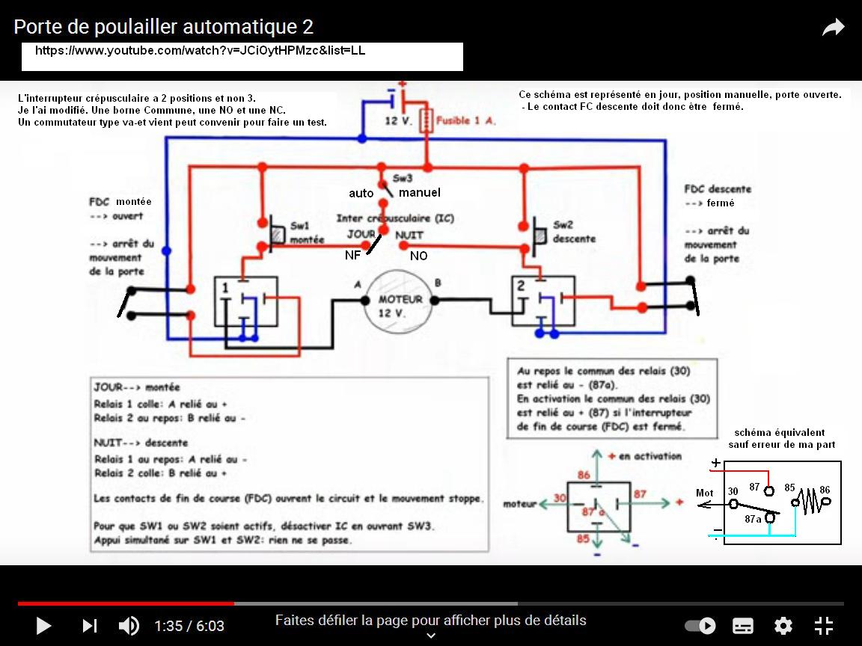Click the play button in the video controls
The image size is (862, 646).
coord(43,626)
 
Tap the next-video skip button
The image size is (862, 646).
coord(89,626)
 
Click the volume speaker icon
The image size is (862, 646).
coord(129,626)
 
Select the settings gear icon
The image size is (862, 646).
coord(783,626)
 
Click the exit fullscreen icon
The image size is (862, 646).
coord(823,626)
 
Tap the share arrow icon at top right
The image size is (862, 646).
coord(833,28)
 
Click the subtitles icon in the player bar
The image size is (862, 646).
coord(742,626)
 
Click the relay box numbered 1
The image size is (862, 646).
coord(246,301)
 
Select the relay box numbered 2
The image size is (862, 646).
coord(543,301)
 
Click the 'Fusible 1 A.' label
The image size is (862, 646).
coord(465,120)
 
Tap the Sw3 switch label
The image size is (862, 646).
coord(403,179)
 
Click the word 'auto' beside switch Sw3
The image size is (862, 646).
coord(361,194)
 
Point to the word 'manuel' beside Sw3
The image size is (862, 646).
coord(419,193)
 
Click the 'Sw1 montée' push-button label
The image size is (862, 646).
coord(307,233)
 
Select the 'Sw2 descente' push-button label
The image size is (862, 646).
coord(574,232)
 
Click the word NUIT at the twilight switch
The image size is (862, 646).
coord(409,235)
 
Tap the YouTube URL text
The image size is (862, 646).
coord(200,51)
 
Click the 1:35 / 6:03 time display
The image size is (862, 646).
coord(189,626)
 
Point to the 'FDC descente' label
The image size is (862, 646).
coord(718,189)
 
